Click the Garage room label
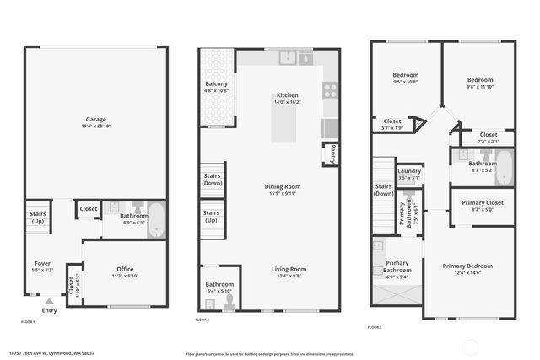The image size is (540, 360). coord(94,119)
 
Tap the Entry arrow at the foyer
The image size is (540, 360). coord(50,300)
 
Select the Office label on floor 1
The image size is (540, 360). coord(126,269)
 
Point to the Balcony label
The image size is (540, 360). coord(216,83)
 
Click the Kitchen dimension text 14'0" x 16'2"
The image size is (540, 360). coord(288,102)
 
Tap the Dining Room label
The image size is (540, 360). coord(283,186)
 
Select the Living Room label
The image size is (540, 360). coord(289,269)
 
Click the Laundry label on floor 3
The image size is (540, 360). coord(409,171)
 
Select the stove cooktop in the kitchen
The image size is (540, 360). coord(330,89)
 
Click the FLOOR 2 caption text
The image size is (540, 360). coord(202,320)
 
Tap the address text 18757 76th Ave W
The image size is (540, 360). coord(50,353)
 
